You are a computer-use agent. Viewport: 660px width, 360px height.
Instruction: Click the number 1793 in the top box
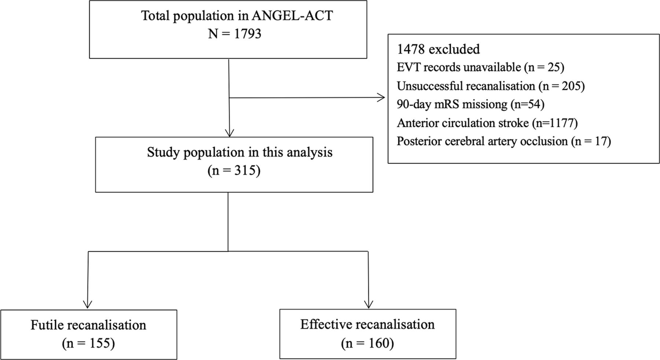(x=247, y=34)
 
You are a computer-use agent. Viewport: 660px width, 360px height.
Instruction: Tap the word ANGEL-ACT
(x=292, y=16)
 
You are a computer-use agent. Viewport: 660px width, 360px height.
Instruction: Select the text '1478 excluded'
(x=438, y=49)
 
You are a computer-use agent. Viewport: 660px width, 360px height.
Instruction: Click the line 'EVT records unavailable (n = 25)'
(x=480, y=67)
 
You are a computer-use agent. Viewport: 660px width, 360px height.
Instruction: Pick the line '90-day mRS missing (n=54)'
(x=470, y=104)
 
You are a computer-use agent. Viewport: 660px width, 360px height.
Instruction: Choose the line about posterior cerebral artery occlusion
(x=504, y=141)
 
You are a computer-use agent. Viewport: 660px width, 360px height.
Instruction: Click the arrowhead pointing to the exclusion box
(x=381, y=98)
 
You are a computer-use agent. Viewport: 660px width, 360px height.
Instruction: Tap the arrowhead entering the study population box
(x=230, y=133)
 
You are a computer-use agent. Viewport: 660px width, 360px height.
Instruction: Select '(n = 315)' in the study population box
(x=234, y=170)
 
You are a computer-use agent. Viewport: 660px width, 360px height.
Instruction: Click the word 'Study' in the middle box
(x=163, y=152)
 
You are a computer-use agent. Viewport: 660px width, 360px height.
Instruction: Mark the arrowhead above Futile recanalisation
(x=88, y=304)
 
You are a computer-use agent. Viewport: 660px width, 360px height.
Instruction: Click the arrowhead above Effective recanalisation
(x=368, y=304)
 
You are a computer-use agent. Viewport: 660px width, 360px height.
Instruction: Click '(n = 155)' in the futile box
(x=88, y=344)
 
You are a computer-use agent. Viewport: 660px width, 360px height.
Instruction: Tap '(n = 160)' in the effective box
(x=367, y=343)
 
